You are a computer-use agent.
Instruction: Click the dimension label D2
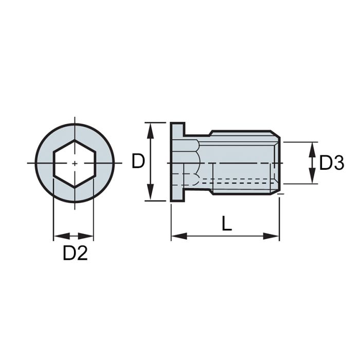(75, 253)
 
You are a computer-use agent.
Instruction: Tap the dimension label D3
(331, 163)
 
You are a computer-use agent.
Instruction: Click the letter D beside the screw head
(137, 161)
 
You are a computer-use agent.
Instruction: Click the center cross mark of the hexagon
(75, 163)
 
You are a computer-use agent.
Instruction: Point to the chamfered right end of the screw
(278, 163)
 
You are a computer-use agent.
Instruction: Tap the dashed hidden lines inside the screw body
(237, 180)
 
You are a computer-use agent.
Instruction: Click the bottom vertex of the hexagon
(75, 187)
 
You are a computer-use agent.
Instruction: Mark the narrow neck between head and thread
(190, 163)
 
